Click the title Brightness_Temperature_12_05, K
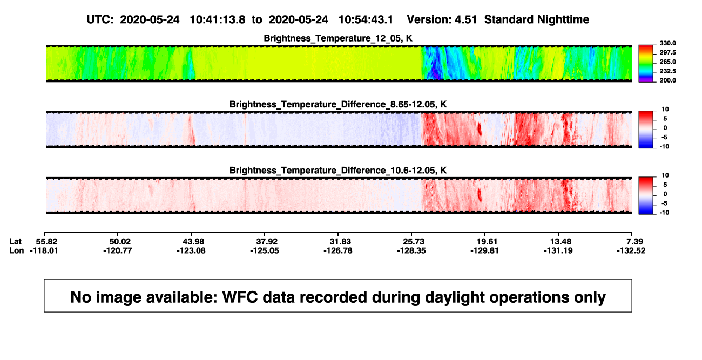click(338, 38)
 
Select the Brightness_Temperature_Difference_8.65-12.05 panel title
click(338, 104)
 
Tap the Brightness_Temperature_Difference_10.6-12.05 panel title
click(338, 171)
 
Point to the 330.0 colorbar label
click(667, 43)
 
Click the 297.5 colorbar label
click(667, 52)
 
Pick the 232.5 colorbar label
click(667, 71)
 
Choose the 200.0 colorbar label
click(667, 80)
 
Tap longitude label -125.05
click(265, 250)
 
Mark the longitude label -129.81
click(484, 250)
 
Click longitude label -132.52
click(631, 250)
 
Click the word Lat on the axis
click(15, 242)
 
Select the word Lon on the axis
click(17, 250)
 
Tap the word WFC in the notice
click(240, 297)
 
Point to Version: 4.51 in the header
click(442, 19)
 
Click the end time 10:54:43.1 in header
click(366, 19)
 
